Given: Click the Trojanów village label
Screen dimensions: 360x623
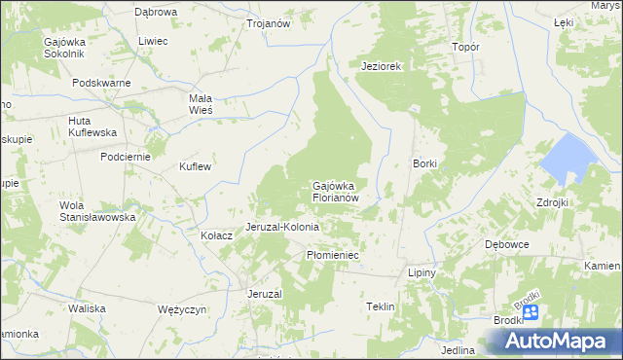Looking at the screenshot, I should point(270,23).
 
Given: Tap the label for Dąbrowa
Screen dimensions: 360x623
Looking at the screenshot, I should point(156,12).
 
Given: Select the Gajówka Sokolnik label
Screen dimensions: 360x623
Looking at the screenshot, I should point(65,49).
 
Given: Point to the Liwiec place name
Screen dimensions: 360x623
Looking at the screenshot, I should point(153,41).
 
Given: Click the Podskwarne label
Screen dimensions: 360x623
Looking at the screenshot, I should point(101,83).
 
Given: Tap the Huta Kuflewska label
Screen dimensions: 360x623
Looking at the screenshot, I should point(92,126).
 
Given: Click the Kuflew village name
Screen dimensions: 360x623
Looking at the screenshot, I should point(195,166).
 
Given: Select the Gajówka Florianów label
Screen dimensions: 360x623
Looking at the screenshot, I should point(337,191).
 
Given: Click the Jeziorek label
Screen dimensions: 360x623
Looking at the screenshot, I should point(382,66).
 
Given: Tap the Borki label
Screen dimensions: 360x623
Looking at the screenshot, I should point(425,163).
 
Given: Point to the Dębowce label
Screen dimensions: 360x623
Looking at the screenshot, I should point(507,244).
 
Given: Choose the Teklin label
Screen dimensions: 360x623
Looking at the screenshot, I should point(380,306).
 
